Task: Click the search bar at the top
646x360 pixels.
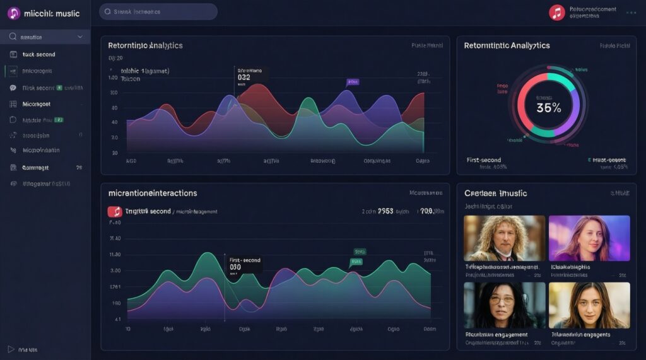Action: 158,12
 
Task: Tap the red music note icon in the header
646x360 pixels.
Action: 556,13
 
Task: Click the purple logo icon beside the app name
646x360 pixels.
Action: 14,13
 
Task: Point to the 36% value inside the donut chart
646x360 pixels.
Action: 548,108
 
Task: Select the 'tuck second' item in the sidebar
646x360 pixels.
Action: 38,54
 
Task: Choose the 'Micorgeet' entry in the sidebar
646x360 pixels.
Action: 36,103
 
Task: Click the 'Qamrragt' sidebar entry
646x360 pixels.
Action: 35,168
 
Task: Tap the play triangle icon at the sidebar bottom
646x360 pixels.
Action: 11,349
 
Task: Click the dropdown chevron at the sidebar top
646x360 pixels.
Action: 79,37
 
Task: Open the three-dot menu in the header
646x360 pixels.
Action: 630,13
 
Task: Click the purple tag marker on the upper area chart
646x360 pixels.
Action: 353,82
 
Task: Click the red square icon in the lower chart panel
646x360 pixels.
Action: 115,212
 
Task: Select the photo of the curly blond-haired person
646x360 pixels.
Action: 504,238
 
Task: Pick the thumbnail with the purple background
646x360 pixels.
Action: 589,238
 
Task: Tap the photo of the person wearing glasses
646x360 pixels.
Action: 504,305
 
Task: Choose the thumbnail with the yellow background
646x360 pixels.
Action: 589,305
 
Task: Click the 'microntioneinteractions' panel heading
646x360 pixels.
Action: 153,193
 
